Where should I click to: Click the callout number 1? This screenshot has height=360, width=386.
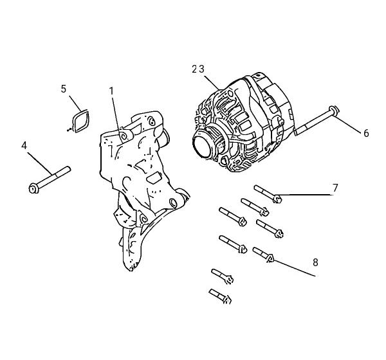[x=111, y=91]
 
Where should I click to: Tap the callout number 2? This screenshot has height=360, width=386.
[x=194, y=69]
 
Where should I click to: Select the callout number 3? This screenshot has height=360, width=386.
[x=201, y=69]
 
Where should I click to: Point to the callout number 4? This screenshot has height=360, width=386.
[x=24, y=146]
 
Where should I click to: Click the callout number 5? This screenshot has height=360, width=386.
[x=64, y=89]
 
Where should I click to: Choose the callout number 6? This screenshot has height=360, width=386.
[x=366, y=133]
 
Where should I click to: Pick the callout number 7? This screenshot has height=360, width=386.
[x=335, y=188]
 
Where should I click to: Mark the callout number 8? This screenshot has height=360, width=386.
[x=315, y=262]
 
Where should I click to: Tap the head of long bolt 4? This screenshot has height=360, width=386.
[x=33, y=189]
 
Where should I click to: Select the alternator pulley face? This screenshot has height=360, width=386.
[x=203, y=147]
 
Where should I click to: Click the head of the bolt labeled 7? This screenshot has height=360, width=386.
[x=277, y=199]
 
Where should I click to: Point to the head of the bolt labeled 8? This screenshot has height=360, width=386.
[x=270, y=258]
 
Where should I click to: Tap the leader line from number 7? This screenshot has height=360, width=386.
[x=306, y=195]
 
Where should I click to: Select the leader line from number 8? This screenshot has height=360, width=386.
[x=295, y=268]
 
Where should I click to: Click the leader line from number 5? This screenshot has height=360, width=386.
[x=75, y=104]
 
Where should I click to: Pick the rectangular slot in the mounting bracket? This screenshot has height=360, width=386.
[x=154, y=177]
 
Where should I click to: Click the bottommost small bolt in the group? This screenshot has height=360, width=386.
[x=220, y=296]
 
